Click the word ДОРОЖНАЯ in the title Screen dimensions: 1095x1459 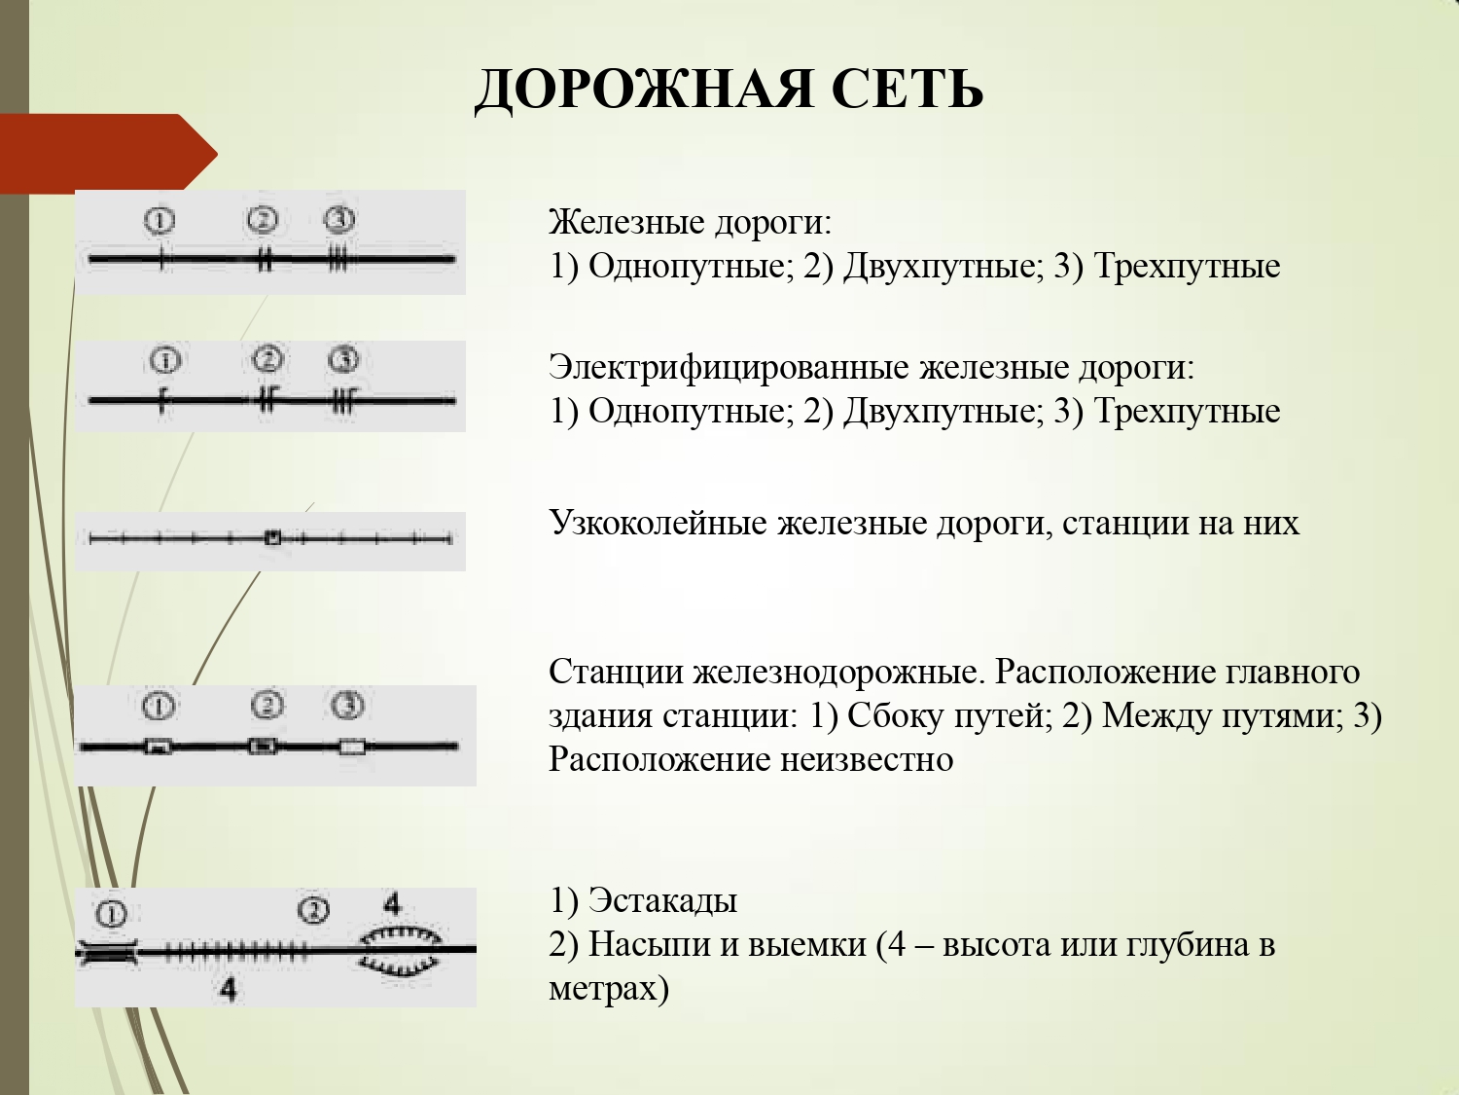click(643, 90)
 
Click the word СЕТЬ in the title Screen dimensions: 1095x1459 click(907, 90)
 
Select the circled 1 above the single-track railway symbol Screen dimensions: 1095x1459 click(160, 221)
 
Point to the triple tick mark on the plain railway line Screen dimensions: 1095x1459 click(338, 260)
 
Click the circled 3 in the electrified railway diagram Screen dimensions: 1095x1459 click(343, 360)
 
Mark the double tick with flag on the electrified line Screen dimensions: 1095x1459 click(267, 400)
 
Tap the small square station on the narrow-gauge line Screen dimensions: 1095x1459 click(273, 537)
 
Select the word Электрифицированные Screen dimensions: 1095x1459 click(729, 368)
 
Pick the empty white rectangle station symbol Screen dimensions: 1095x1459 click(352, 748)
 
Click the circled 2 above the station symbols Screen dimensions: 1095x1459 click(267, 704)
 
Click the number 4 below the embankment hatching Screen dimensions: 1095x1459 click(228, 990)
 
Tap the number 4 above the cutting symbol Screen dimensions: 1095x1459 click(392, 904)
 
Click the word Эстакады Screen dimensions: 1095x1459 click(662, 901)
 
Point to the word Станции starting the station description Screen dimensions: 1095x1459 click(617, 673)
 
